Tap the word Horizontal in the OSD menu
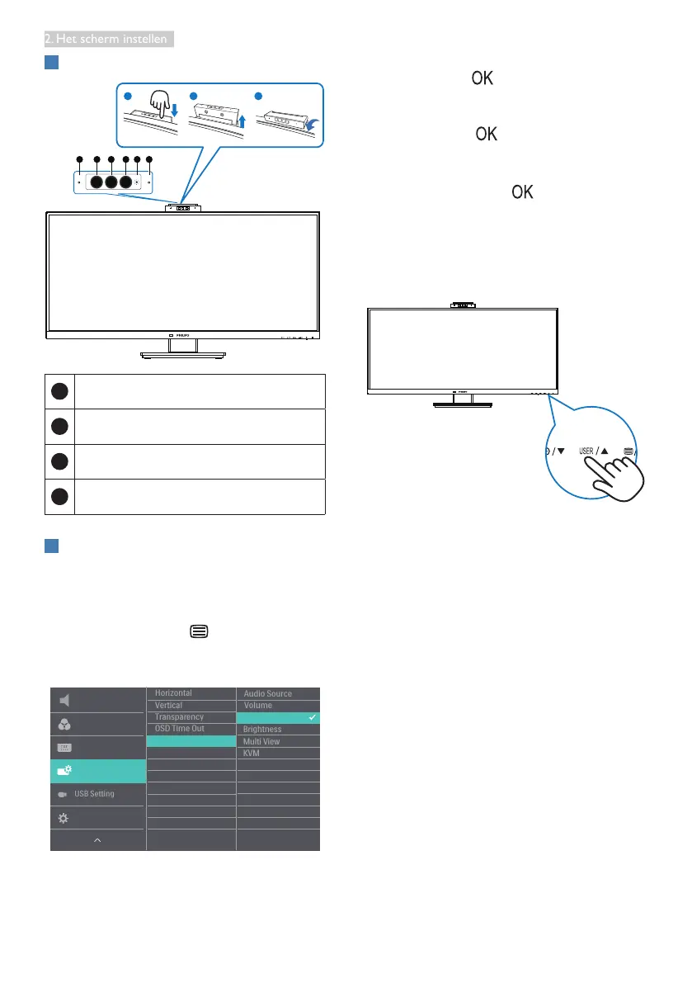[173, 693]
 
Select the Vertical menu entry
[168, 706]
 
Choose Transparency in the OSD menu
[179, 717]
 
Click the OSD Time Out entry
[179, 729]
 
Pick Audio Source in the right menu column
[267, 694]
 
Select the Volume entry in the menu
[257, 706]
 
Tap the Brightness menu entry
[262, 730]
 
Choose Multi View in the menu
[261, 741]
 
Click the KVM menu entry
[252, 754]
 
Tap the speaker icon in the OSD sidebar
[64, 701]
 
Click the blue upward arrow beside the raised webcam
[241, 121]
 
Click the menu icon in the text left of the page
[198, 631]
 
